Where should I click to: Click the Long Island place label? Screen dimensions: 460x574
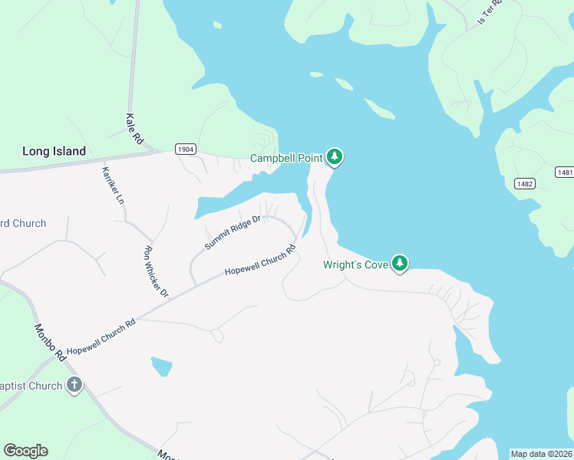54,151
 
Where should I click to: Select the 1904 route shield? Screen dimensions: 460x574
184,149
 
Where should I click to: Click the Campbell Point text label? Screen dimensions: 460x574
287,159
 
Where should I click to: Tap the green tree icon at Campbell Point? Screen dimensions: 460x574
335,156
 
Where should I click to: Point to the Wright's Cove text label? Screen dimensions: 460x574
355,266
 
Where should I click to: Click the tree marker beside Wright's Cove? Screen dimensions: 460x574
399,263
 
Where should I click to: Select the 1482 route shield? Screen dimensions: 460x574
525,183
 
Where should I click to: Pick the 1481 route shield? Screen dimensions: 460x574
565,172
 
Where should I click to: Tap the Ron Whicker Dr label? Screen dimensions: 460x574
156,271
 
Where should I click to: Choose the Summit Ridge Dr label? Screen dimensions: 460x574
233,232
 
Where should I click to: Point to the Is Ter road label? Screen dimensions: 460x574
489,11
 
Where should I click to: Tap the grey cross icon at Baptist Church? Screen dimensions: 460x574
74,385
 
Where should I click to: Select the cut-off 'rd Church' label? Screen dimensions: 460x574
23,223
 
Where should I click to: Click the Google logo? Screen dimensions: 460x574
25,451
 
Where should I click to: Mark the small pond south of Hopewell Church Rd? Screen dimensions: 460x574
162,366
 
